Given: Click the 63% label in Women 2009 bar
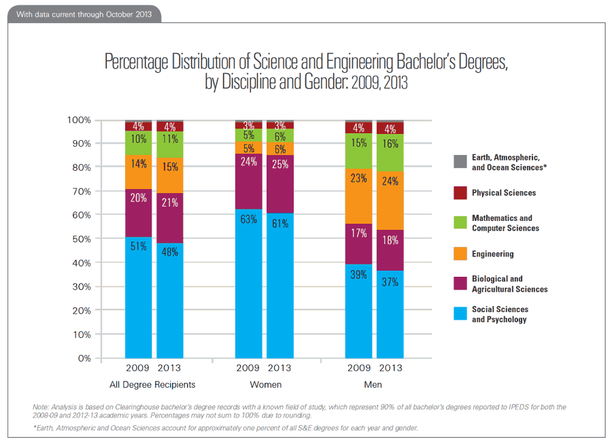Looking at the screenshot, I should [248, 219].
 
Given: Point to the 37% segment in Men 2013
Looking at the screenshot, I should [390, 314].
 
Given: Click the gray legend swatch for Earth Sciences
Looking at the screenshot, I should [460, 162].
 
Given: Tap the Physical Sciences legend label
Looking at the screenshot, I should [504, 192].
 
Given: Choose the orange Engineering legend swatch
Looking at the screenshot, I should [460, 254].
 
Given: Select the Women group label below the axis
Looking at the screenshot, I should [265, 384].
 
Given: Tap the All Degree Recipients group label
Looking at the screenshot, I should [153, 384].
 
